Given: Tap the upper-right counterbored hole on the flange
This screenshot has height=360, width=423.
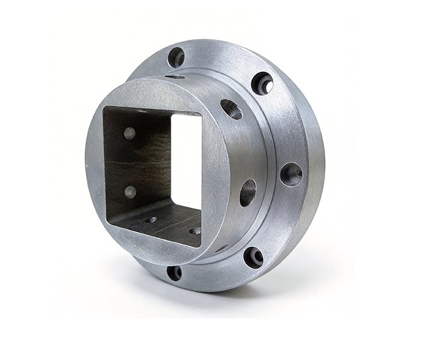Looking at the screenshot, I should (x=262, y=83).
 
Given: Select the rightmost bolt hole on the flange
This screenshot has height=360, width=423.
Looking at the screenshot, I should (x=291, y=174).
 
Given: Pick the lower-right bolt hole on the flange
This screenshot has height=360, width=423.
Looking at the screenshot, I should (x=254, y=256).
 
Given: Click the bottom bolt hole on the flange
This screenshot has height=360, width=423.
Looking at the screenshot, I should (x=174, y=273).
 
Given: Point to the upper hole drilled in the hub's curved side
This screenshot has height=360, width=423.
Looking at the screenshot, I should (x=231, y=109).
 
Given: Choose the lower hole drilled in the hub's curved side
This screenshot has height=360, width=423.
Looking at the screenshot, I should (x=247, y=192).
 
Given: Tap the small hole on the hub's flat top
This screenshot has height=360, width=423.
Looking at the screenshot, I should (x=176, y=76).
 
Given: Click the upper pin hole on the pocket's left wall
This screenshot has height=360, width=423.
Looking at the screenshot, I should (x=129, y=133).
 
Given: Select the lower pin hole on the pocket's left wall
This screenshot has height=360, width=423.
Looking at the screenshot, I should (x=130, y=191).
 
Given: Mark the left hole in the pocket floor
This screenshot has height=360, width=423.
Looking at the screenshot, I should (x=151, y=220).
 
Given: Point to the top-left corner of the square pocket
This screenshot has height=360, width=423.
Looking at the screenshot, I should (x=106, y=109).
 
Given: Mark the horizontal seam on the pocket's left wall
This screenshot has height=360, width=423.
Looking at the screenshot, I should (x=136, y=162).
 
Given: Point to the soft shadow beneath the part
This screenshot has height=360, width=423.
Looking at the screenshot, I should (x=208, y=303).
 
